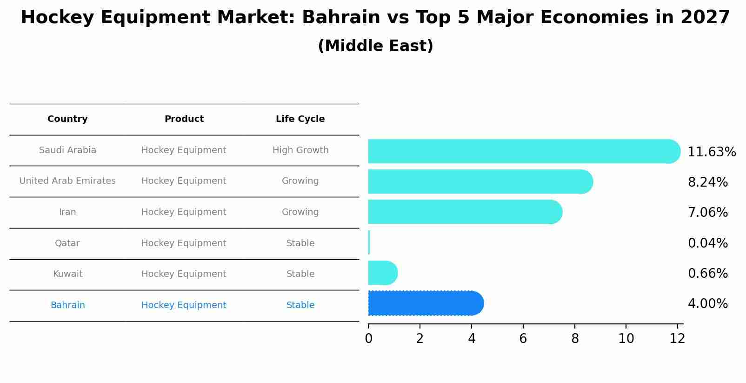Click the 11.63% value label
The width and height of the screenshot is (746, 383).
click(712, 152)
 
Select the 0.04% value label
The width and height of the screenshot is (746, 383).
click(707, 243)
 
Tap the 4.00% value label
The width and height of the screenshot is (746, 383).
click(707, 304)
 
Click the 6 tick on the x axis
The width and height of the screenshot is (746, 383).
click(523, 338)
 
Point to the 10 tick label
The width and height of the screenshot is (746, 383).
click(626, 338)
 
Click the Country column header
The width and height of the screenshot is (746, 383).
click(67, 119)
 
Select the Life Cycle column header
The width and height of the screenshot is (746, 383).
click(300, 119)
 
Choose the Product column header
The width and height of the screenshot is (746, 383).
click(184, 119)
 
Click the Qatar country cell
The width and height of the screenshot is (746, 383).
click(67, 243)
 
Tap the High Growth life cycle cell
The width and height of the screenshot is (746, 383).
click(300, 150)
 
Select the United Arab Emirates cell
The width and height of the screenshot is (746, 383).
click(67, 181)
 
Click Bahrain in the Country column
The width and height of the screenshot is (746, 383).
click(67, 305)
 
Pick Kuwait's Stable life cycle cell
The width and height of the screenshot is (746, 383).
click(300, 274)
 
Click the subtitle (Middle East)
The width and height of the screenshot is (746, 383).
click(375, 46)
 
